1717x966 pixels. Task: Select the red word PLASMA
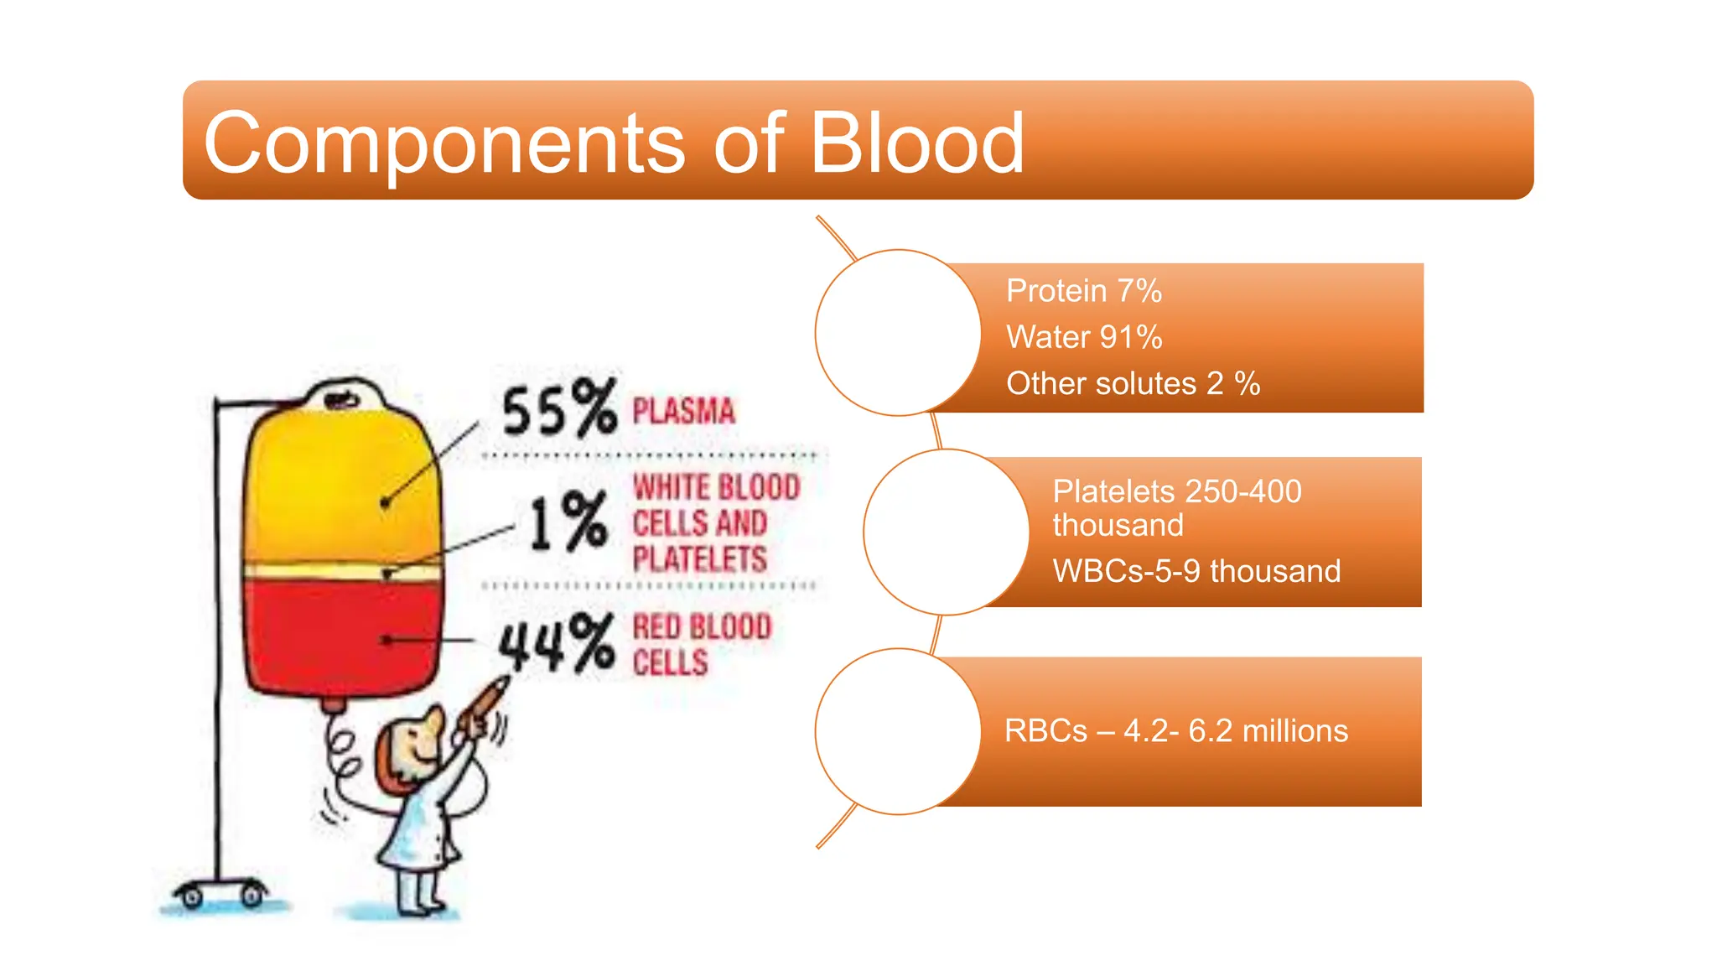point(683,412)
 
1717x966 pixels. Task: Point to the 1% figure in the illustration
point(568,522)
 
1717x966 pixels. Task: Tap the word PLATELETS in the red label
point(699,559)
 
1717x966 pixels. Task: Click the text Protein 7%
point(1083,291)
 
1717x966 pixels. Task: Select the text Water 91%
point(1084,337)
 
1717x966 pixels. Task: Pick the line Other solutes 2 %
point(1133,384)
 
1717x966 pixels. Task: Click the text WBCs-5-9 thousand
point(1196,571)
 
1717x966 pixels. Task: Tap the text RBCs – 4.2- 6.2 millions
point(1175,731)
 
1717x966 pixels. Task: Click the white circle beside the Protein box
point(898,333)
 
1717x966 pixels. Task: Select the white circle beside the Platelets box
point(946,532)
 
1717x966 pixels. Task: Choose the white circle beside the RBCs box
point(898,731)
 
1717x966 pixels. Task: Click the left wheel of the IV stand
point(192,898)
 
